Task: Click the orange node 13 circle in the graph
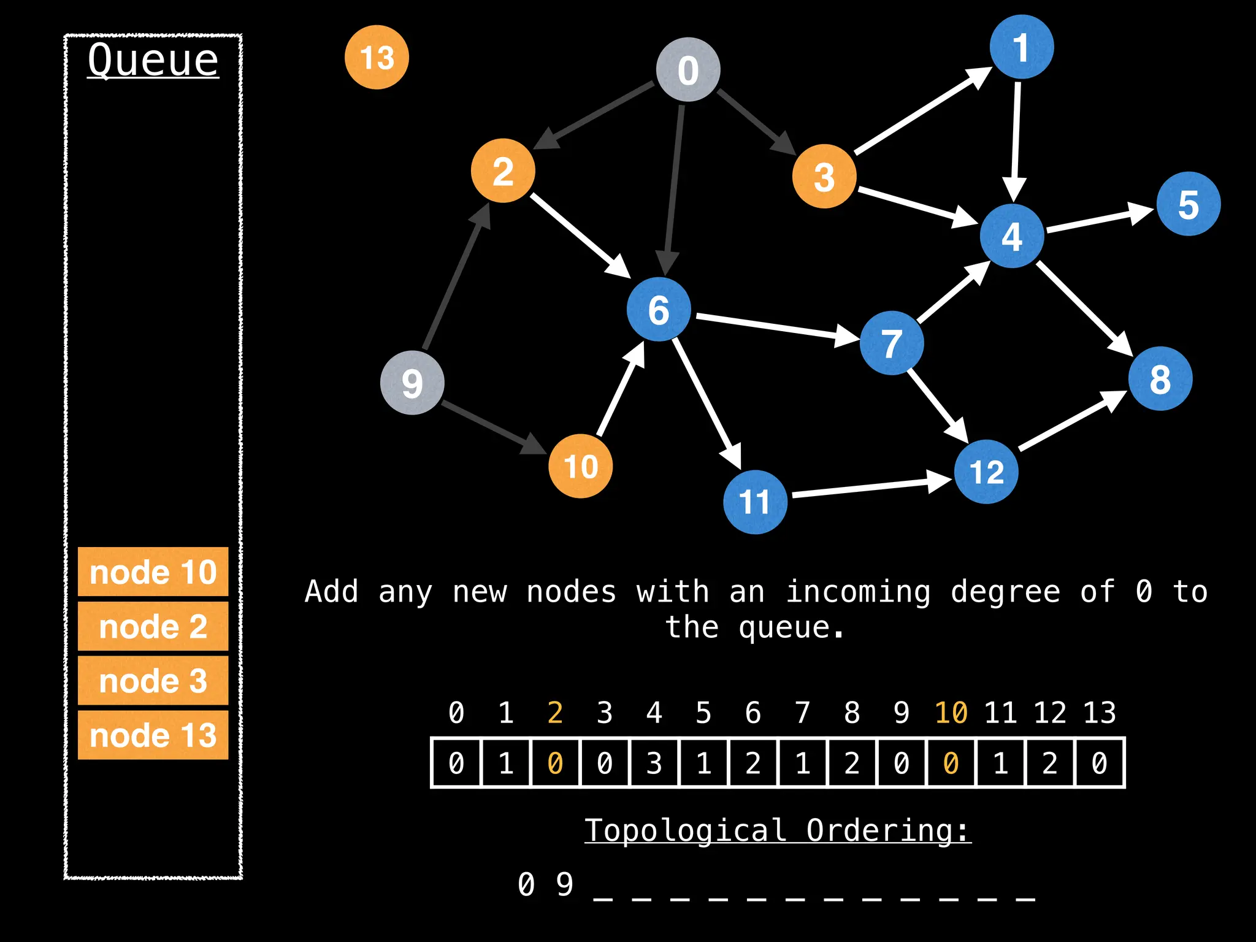[377, 57]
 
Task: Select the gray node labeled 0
[687, 69]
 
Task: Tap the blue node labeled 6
[659, 309]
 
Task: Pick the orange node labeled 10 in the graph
[580, 466]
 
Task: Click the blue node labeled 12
[986, 472]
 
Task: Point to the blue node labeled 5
[1188, 204]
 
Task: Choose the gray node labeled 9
[412, 383]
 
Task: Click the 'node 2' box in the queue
[153, 626]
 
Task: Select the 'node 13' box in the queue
[153, 735]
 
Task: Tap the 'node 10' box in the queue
[153, 572]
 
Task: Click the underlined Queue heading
[153, 60]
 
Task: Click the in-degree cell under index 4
[654, 763]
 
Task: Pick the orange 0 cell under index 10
[951, 763]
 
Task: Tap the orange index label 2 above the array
[555, 713]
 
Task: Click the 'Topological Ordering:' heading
[778, 831]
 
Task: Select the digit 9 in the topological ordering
[564, 884]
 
